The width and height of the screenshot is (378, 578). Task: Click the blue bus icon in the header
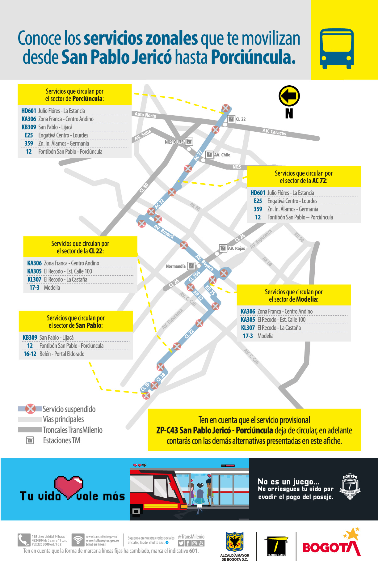(337, 49)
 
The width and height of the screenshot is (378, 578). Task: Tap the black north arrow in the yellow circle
(289, 96)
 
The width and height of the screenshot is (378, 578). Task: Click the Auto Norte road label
(145, 115)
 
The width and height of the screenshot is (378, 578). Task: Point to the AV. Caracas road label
(274, 132)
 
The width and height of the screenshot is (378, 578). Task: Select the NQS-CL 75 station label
(174, 142)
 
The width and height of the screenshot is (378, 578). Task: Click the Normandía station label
(176, 266)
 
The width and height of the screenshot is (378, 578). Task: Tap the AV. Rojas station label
(236, 248)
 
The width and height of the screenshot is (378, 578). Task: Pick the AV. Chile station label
(222, 155)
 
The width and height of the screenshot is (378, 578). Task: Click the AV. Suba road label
(143, 135)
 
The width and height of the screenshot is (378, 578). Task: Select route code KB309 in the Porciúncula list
(29, 127)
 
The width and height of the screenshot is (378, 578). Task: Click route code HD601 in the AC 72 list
(258, 193)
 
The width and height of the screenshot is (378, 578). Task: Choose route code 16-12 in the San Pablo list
(30, 354)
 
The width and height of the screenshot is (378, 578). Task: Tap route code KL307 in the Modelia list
(248, 328)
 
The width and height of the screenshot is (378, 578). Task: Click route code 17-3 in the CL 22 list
(34, 287)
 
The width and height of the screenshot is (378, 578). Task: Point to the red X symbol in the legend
(30, 409)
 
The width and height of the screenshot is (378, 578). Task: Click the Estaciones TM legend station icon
(30, 440)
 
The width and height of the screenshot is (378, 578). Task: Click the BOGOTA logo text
(331, 547)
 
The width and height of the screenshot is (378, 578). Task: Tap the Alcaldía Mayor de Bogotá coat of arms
(235, 542)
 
